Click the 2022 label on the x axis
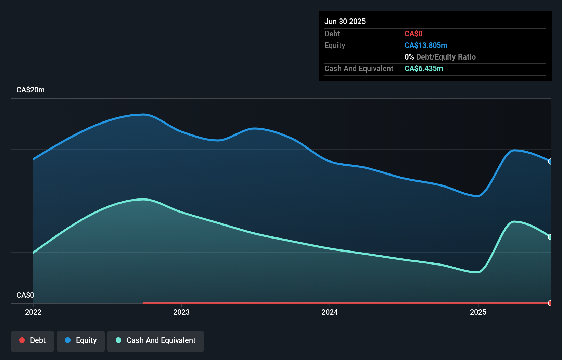pyautogui.click(x=33, y=312)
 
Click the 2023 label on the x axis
pyautogui.click(x=181, y=312)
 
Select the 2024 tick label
pyautogui.click(x=330, y=312)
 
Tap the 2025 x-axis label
pyautogui.click(x=478, y=312)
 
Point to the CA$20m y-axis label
pyautogui.click(x=30, y=90)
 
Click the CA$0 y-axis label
pyautogui.click(x=25, y=295)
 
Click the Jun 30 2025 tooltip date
pyautogui.click(x=345, y=21)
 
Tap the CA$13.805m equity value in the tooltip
pyautogui.click(x=426, y=45)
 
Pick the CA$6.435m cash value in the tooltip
pyautogui.click(x=424, y=68)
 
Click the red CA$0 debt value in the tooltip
pyautogui.click(x=413, y=34)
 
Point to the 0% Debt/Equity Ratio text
pyautogui.click(x=440, y=57)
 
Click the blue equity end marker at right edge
pyautogui.click(x=550, y=162)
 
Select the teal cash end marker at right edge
pyautogui.click(x=550, y=237)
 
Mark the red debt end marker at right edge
pyautogui.click(x=550, y=303)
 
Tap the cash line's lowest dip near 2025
pyautogui.click(x=478, y=272)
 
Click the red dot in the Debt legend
pyautogui.click(x=22, y=340)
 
